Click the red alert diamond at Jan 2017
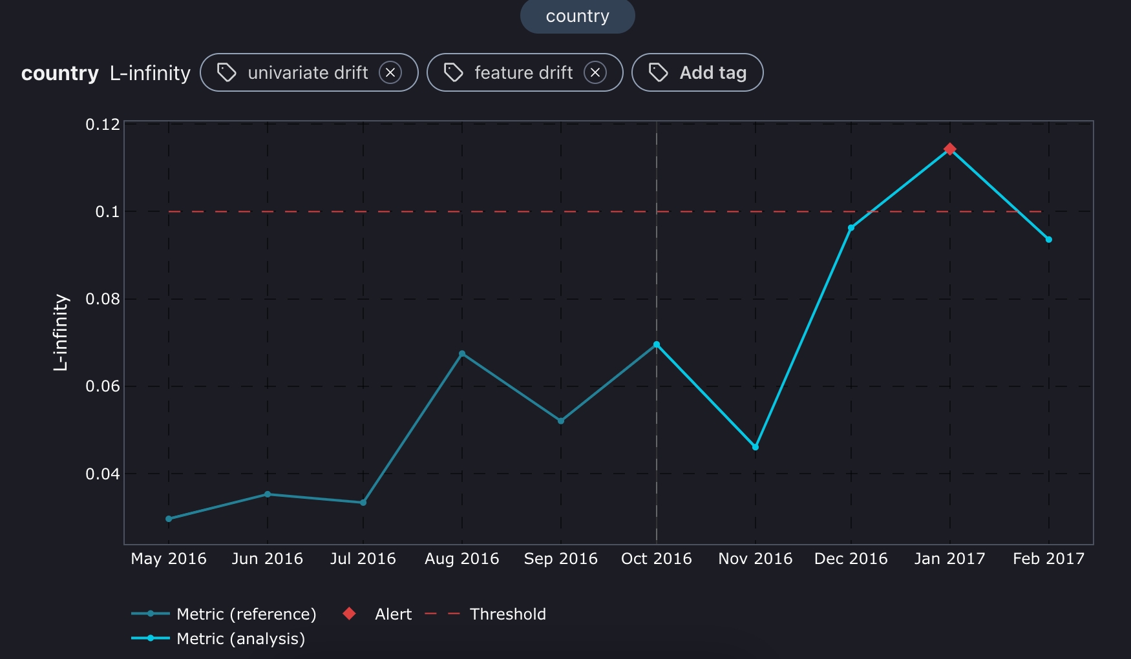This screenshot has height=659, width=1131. pyautogui.click(x=949, y=149)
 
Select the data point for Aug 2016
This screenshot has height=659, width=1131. pyautogui.click(x=462, y=354)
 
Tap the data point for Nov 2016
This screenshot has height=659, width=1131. pyautogui.click(x=755, y=447)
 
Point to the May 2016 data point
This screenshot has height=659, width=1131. pyautogui.click(x=169, y=519)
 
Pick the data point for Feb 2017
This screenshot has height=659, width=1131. pyautogui.click(x=1048, y=240)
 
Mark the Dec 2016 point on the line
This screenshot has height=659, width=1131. pyautogui.click(x=851, y=228)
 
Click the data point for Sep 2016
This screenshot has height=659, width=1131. pyautogui.click(x=560, y=421)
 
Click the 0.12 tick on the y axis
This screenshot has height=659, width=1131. pyautogui.click(x=103, y=124)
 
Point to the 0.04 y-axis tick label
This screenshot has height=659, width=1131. pyautogui.click(x=103, y=474)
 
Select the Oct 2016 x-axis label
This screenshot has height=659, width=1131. pyautogui.click(x=656, y=559)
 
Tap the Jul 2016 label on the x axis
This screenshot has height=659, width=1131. pyautogui.click(x=363, y=559)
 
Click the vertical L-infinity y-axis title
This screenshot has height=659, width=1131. pyautogui.click(x=60, y=332)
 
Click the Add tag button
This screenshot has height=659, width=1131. pyautogui.click(x=697, y=73)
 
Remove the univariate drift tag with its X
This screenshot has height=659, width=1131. pyautogui.click(x=390, y=73)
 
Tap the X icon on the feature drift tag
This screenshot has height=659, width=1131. pyautogui.click(x=595, y=73)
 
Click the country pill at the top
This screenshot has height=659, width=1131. pyautogui.click(x=577, y=16)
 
